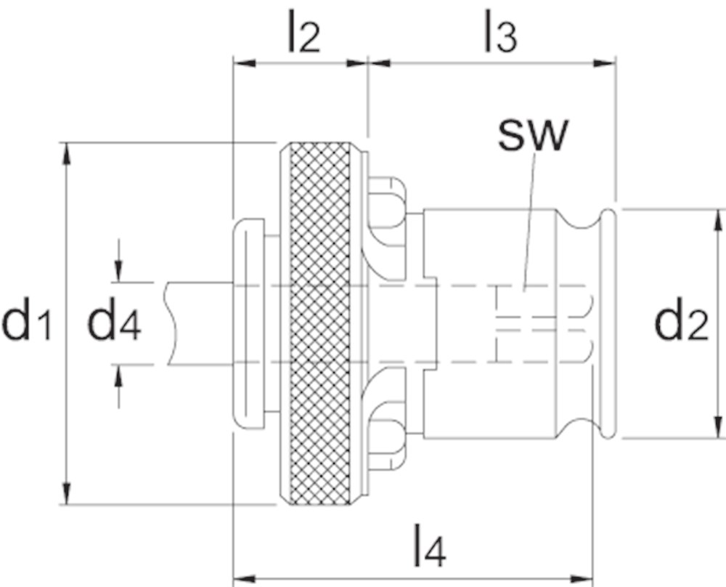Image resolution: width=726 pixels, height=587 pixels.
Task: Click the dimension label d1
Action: pos(27,324)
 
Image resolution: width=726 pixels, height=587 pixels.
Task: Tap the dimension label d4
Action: pos(114,324)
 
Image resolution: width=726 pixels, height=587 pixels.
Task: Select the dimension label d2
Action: pos(680,324)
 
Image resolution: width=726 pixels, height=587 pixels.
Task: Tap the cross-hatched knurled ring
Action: pos(319,323)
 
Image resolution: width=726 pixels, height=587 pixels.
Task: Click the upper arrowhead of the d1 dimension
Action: pos(66,153)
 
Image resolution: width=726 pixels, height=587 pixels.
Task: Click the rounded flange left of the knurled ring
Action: pos(250,323)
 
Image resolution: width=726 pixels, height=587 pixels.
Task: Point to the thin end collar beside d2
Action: pos(610,324)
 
